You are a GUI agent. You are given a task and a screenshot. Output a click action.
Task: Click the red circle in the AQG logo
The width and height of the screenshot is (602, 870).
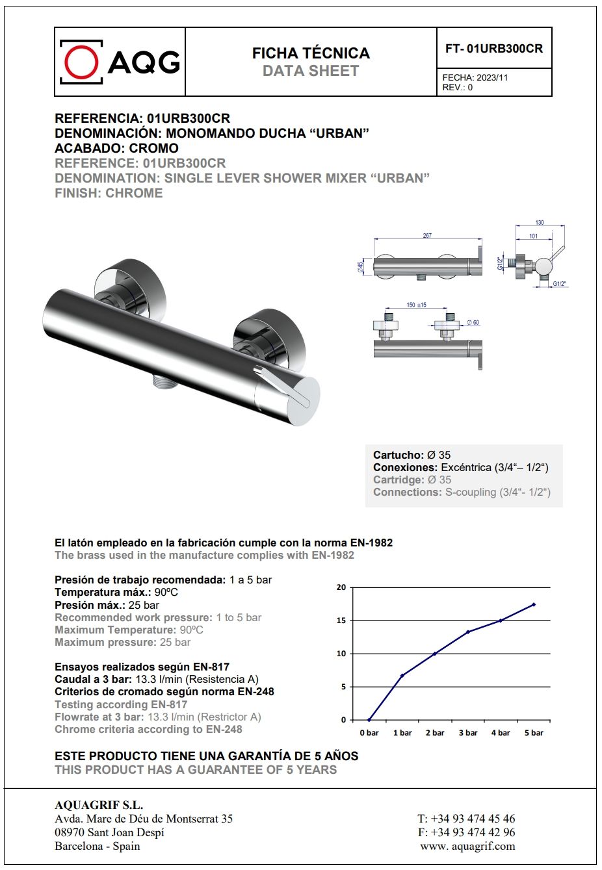coord(81,62)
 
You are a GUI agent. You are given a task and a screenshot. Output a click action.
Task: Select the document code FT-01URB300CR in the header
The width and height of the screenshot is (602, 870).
coord(494,49)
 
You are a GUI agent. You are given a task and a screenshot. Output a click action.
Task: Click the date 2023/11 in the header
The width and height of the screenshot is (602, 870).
coord(492,77)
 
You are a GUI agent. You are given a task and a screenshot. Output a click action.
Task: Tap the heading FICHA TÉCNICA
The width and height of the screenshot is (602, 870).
coord(311,53)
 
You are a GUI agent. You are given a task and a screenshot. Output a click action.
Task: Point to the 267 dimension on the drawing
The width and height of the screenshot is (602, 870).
coord(427,235)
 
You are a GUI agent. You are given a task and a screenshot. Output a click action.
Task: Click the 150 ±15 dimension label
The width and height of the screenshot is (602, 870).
coord(416,305)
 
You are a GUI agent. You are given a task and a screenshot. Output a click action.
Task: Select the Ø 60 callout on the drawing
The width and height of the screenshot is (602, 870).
coord(473,323)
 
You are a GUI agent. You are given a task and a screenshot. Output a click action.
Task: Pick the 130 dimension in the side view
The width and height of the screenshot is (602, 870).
coord(540,223)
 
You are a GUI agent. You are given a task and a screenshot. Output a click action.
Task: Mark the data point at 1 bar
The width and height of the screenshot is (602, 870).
coord(402,676)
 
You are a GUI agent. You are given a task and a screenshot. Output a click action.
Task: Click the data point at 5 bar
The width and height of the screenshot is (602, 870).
coord(534,604)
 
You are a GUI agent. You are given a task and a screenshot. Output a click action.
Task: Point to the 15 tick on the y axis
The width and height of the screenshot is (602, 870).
coord(341,621)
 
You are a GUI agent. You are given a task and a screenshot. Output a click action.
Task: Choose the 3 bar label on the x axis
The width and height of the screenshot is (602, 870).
coord(468,733)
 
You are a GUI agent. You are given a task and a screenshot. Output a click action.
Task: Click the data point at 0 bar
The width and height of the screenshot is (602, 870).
coord(369,720)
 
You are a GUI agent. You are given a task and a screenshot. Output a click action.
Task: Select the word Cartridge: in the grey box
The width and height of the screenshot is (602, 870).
coord(399,480)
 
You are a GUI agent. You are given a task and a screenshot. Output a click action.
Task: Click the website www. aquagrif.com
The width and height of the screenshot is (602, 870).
coord(467,846)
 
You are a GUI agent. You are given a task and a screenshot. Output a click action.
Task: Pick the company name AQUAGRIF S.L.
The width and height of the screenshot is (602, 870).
coord(99,806)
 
